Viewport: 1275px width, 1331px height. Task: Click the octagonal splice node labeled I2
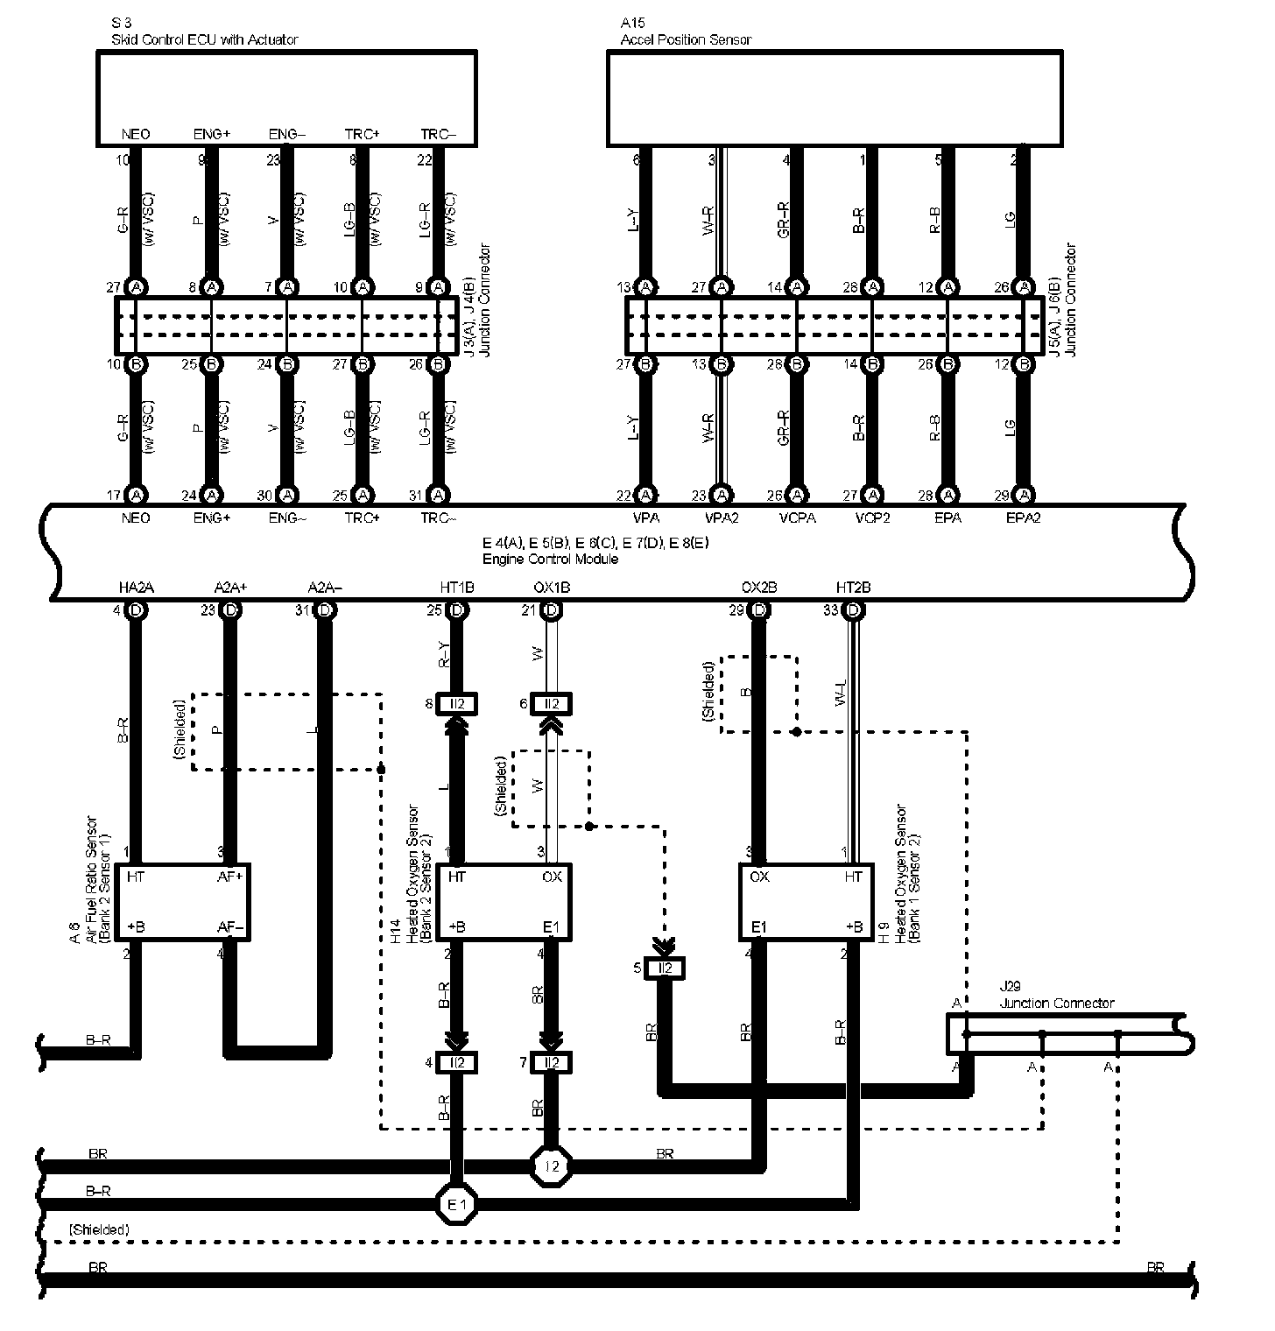552,1166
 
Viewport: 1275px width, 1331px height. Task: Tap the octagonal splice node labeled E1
456,1204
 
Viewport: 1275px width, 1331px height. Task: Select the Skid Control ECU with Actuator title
205,39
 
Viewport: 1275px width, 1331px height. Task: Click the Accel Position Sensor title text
686,39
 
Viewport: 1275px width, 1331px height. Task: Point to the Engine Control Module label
550,559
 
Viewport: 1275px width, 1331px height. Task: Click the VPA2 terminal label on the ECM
722,518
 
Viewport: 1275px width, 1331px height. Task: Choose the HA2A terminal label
136,588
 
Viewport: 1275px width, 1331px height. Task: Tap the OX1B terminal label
552,588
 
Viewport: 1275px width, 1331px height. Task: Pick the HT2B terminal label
853,588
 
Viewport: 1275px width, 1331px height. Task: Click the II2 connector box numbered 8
456,703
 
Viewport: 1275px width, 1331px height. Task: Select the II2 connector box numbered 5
666,968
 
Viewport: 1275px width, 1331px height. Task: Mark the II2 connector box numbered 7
552,1062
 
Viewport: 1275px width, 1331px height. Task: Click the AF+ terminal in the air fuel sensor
230,876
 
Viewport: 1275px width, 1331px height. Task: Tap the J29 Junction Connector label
1057,1004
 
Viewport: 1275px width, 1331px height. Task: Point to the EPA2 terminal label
1023,518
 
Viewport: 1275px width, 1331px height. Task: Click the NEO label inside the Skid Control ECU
136,134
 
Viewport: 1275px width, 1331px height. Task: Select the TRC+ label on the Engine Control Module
363,518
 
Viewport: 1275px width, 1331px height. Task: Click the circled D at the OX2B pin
759,610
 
